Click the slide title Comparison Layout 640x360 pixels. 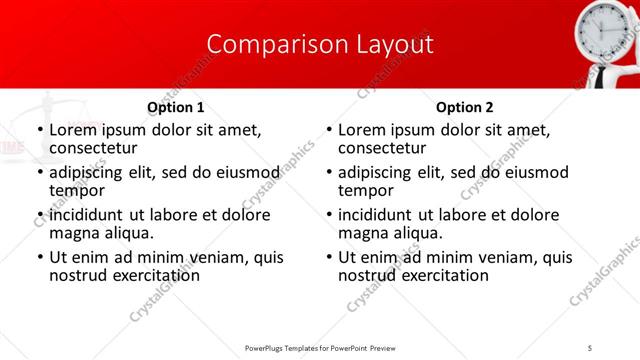(x=320, y=45)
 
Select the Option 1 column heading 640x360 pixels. (x=176, y=107)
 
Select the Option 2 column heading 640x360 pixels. (x=464, y=107)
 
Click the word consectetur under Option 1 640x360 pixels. (x=92, y=148)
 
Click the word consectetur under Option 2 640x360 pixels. (x=381, y=148)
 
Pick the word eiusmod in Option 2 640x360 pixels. (x=533, y=172)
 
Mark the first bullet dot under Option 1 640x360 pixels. (x=39, y=131)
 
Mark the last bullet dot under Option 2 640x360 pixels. (x=328, y=258)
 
